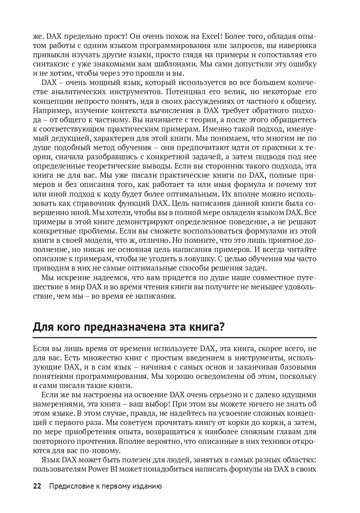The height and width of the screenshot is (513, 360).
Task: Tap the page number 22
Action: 37,486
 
